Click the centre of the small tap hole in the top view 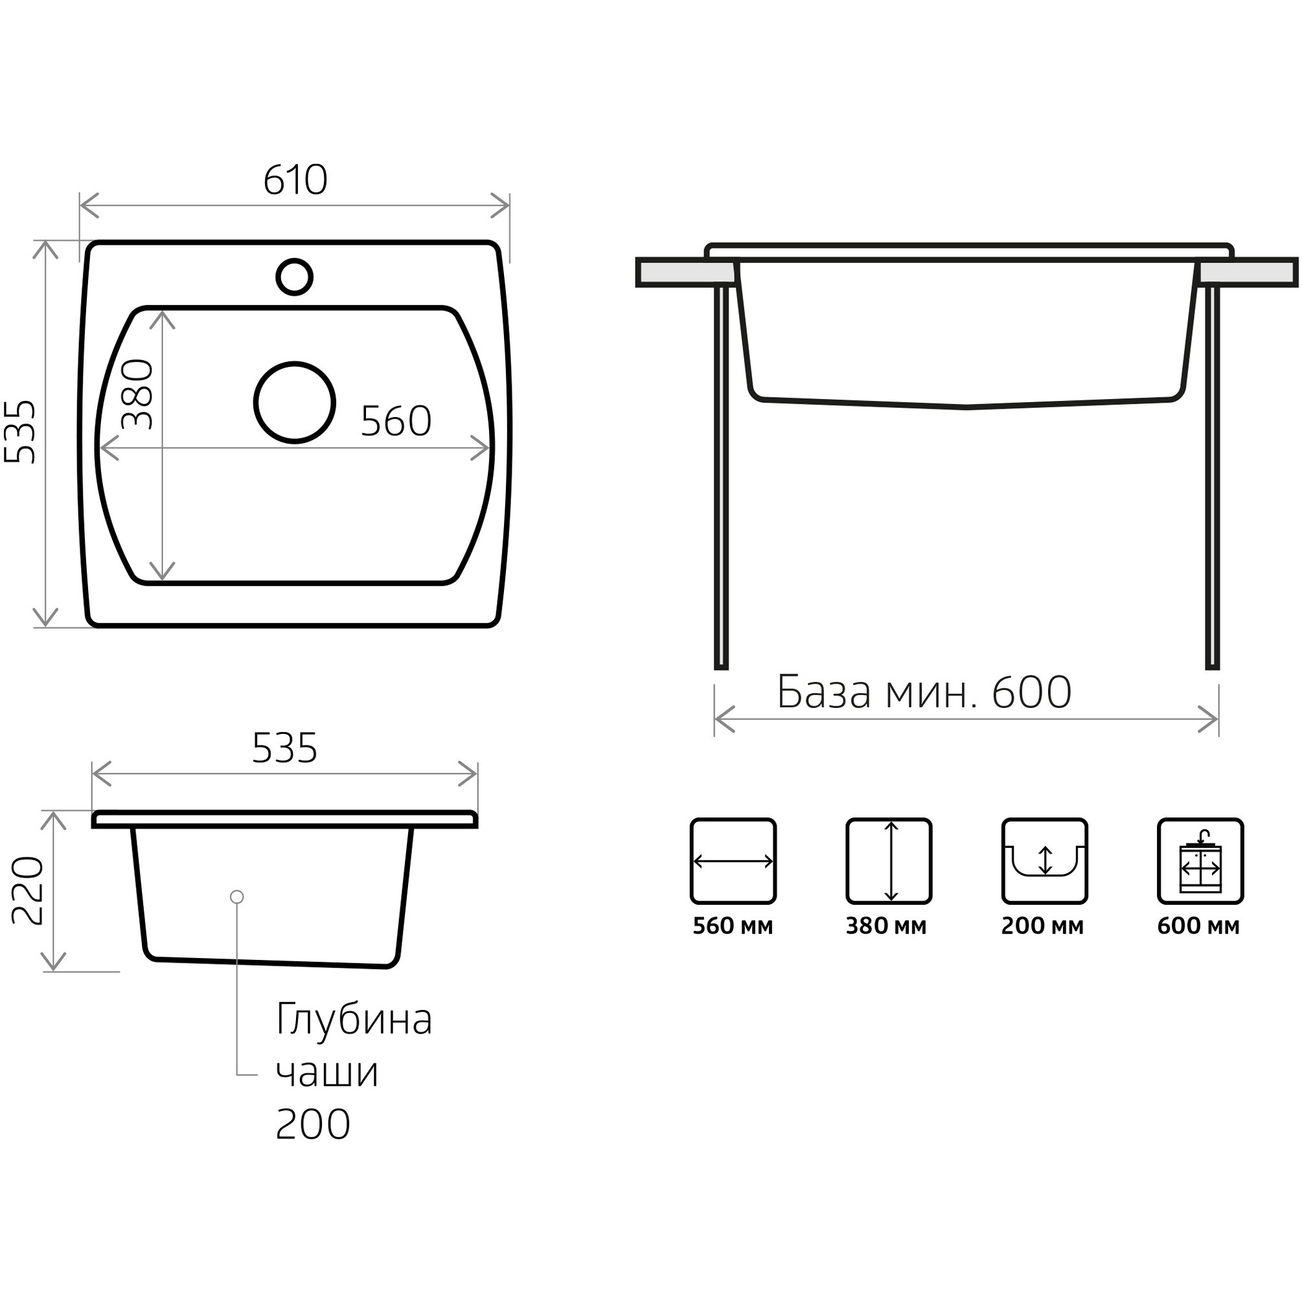pos(295,277)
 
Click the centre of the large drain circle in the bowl pos(295,403)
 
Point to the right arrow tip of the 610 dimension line pos(508,205)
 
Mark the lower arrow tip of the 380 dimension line pos(163,580)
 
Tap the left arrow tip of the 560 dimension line pos(100,448)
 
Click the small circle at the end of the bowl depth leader pos(236,897)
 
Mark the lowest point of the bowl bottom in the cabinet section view pos(966,407)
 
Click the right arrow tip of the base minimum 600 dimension pos(1218,719)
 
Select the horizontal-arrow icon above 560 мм pos(733,862)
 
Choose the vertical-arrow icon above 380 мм pos(889,862)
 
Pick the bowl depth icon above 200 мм pos(1045,862)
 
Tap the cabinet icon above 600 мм pos(1200,862)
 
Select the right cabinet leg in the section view pos(1212,478)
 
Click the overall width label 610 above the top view pos(295,180)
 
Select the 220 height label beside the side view pos(29,890)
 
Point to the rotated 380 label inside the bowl pos(137,394)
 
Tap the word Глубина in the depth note pos(354,1020)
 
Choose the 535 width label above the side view pos(284,748)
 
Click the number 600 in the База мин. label pos(1032,692)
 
